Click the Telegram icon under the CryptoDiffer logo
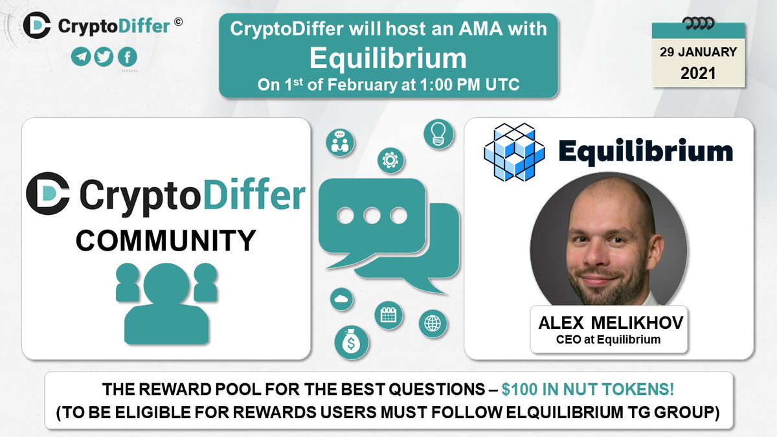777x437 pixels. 80,57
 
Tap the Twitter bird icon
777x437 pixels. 104,57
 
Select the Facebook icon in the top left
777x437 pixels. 127,57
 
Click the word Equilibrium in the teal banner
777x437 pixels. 388,58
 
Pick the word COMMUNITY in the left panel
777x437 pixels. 165,241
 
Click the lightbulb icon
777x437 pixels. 437,132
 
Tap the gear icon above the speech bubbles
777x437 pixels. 390,159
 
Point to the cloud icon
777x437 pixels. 341,299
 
